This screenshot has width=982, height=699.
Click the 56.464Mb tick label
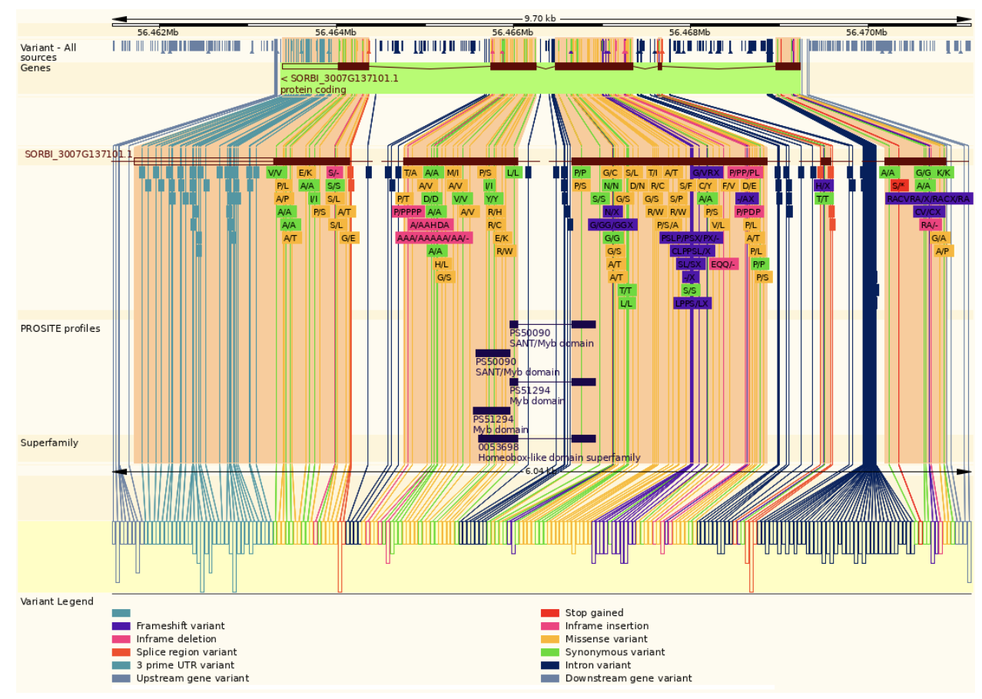[x=336, y=32]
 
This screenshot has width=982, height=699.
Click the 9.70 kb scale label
[x=540, y=18]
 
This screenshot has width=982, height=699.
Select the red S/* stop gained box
[x=899, y=186]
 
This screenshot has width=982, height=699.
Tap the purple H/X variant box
[x=823, y=186]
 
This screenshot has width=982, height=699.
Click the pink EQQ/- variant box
[x=723, y=264]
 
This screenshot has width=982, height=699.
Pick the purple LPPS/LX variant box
[x=692, y=303]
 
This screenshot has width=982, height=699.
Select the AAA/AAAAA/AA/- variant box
[x=433, y=238]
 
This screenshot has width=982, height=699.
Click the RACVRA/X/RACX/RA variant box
[x=928, y=199]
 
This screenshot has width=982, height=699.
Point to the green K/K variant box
[x=944, y=173]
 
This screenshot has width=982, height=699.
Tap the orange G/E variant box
[x=349, y=238]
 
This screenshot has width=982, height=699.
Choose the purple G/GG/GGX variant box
[x=612, y=225]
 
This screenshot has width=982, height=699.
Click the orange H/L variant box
[x=441, y=264]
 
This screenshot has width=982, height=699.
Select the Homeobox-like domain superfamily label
[x=559, y=458]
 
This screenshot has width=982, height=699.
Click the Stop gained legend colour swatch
[x=549, y=613]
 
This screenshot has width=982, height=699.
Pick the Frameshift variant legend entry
[x=181, y=626]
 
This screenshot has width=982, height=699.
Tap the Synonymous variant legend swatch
[x=549, y=652]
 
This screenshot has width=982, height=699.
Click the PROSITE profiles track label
[x=60, y=329]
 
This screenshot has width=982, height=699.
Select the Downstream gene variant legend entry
[x=628, y=678]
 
